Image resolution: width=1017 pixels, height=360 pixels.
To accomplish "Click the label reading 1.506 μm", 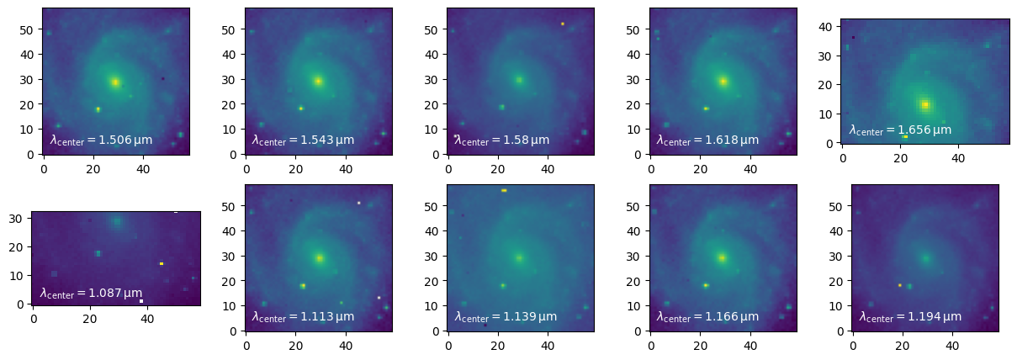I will coord(101,140).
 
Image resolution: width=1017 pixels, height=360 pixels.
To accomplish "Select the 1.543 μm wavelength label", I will coord(303,140).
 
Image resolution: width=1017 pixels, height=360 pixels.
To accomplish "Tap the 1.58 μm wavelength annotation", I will coord(502,140).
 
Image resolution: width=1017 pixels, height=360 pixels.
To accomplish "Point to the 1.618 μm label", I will coord(707,140).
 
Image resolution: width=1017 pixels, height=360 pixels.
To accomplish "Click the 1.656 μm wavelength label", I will coord(900,130).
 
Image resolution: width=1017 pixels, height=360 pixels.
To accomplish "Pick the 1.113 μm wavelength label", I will coord(303,316).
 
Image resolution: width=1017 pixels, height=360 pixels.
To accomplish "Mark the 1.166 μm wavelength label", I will coord(707,316).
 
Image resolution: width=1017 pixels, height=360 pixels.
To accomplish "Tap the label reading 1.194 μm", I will coord(910,316).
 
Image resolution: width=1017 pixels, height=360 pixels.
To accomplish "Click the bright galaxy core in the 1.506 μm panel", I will coord(115,82).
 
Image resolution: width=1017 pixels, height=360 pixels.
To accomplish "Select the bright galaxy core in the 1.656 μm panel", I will coord(924,105).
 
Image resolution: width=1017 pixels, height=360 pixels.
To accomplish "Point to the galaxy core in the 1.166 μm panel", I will coord(722,258).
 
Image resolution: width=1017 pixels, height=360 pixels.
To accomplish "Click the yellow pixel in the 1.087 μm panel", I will coord(162,263).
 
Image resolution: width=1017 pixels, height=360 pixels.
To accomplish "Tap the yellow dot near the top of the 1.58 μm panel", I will coord(563,24).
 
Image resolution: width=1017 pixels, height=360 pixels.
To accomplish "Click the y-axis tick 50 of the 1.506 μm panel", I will coord(32,29).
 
